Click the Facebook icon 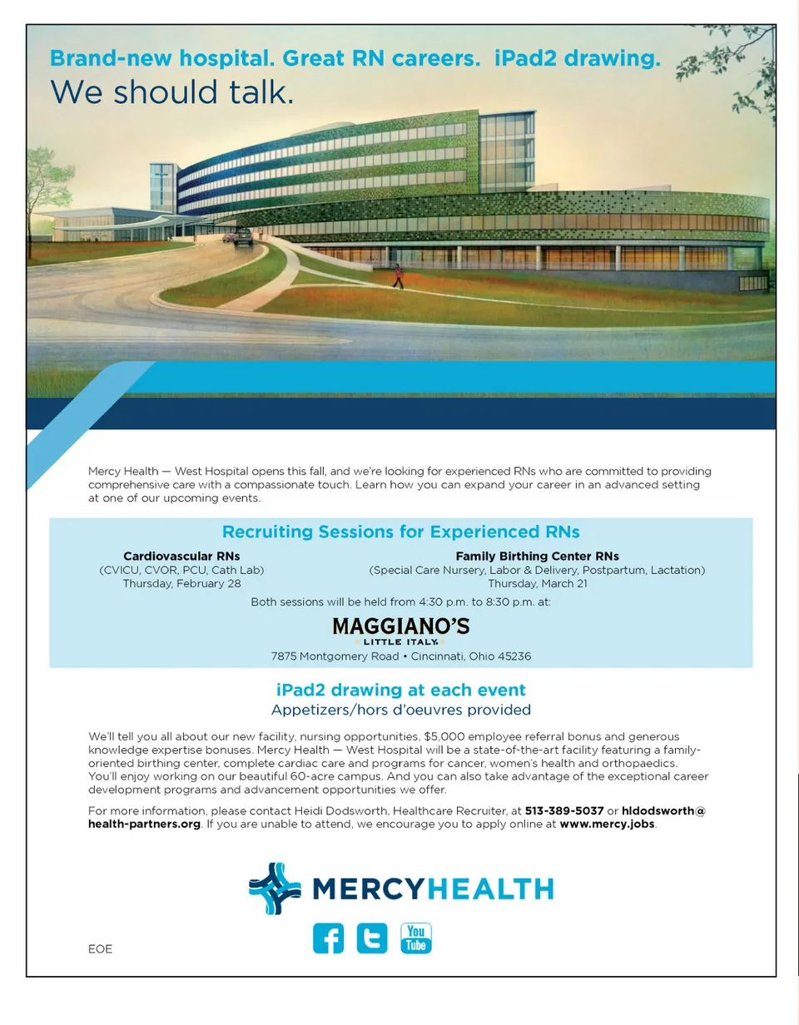pos(328,938)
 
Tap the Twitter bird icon pos(372,938)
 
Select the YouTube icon pos(416,938)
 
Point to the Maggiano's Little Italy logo pos(400,630)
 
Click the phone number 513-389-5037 pos(564,810)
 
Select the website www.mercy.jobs pos(608,824)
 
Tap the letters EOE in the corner pos(100,949)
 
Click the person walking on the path pos(398,276)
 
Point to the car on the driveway pos(243,238)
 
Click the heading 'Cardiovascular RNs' pos(181,556)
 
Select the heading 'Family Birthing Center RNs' pos(537,556)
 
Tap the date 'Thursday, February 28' pos(181,583)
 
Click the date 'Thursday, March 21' pos(537,583)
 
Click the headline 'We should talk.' pos(172,92)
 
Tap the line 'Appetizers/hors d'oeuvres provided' pos(400,710)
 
